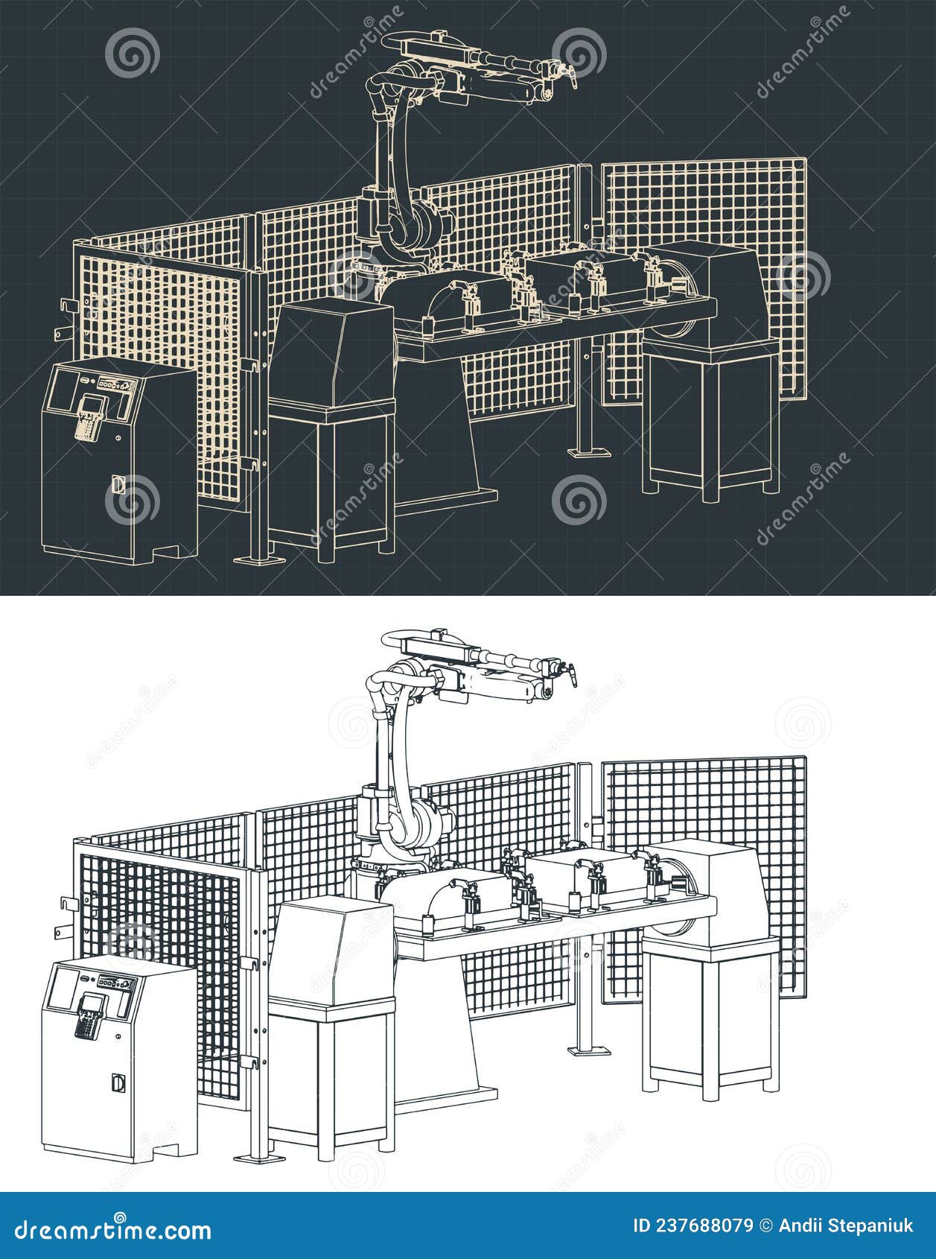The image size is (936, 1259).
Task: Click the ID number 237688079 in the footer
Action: point(692,1226)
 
